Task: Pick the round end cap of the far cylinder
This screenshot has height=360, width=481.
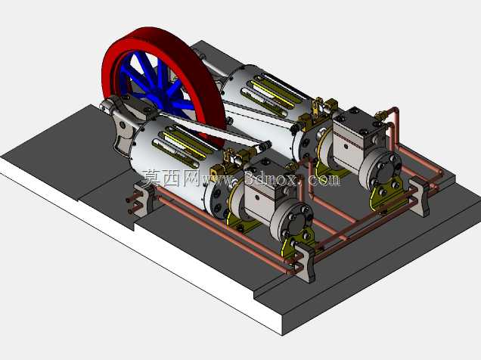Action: pyautogui.click(x=380, y=169)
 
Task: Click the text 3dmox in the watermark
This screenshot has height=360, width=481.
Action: pyautogui.click(x=270, y=178)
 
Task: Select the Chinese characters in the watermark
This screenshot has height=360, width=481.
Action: pyautogui.click(x=171, y=178)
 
